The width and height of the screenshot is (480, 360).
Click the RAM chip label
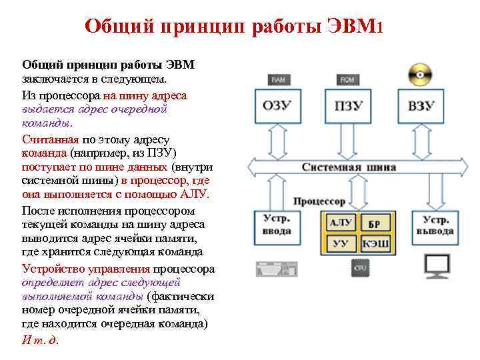[x=279, y=79]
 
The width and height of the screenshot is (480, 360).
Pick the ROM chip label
[x=347, y=79]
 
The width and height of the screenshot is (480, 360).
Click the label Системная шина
[x=349, y=167]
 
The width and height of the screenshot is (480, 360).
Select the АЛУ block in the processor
[x=341, y=223]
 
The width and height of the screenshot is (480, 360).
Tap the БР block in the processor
[x=375, y=224]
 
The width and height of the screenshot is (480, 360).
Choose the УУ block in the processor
[x=341, y=244]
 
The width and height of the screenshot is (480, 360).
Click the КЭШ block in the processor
[x=375, y=244]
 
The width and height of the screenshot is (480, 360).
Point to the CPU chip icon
[x=359, y=268]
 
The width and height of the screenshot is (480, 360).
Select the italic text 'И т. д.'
[x=41, y=339]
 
